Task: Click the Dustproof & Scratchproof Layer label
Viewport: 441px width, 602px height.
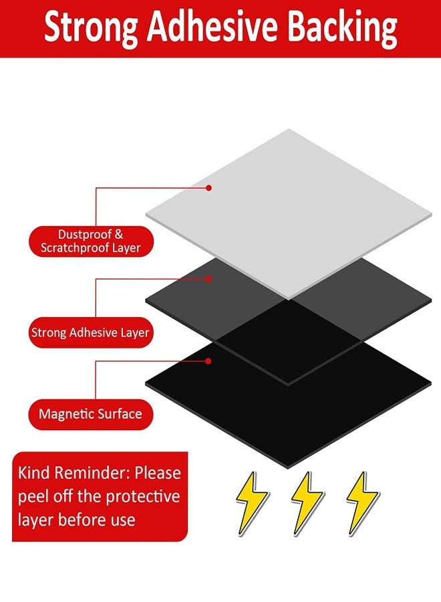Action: click(91, 241)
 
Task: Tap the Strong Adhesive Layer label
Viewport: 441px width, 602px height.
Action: click(90, 332)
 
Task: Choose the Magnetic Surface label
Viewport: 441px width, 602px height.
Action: click(90, 413)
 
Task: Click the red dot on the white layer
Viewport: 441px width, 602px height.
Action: click(208, 188)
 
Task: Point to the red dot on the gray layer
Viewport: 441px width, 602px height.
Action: click(208, 278)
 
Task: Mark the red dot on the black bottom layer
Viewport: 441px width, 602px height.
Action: click(208, 361)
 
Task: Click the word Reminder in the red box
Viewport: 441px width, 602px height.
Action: click(90, 474)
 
